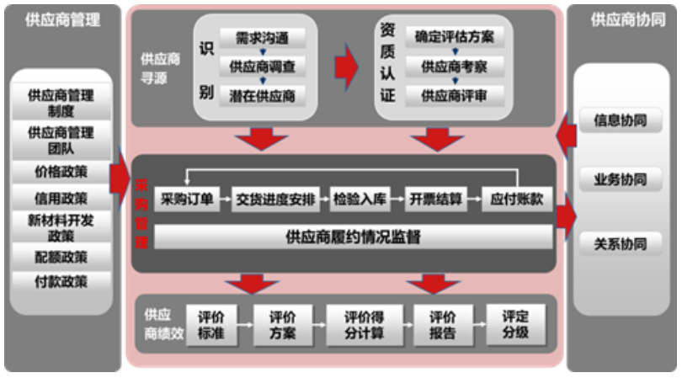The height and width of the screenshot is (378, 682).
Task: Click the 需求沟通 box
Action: click(262, 38)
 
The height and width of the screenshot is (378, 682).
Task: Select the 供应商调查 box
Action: click(262, 67)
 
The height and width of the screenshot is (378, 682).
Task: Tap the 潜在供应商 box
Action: click(262, 95)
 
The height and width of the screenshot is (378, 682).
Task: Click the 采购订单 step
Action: click(186, 200)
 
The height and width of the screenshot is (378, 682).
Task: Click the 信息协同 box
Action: click(621, 120)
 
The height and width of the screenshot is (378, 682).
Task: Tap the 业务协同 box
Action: click(621, 179)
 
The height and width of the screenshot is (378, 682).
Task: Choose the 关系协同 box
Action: click(621, 244)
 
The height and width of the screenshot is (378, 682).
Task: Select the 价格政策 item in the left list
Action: click(61, 172)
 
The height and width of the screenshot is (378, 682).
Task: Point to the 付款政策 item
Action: click(61, 282)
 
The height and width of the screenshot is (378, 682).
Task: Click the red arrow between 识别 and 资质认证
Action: click(346, 67)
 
